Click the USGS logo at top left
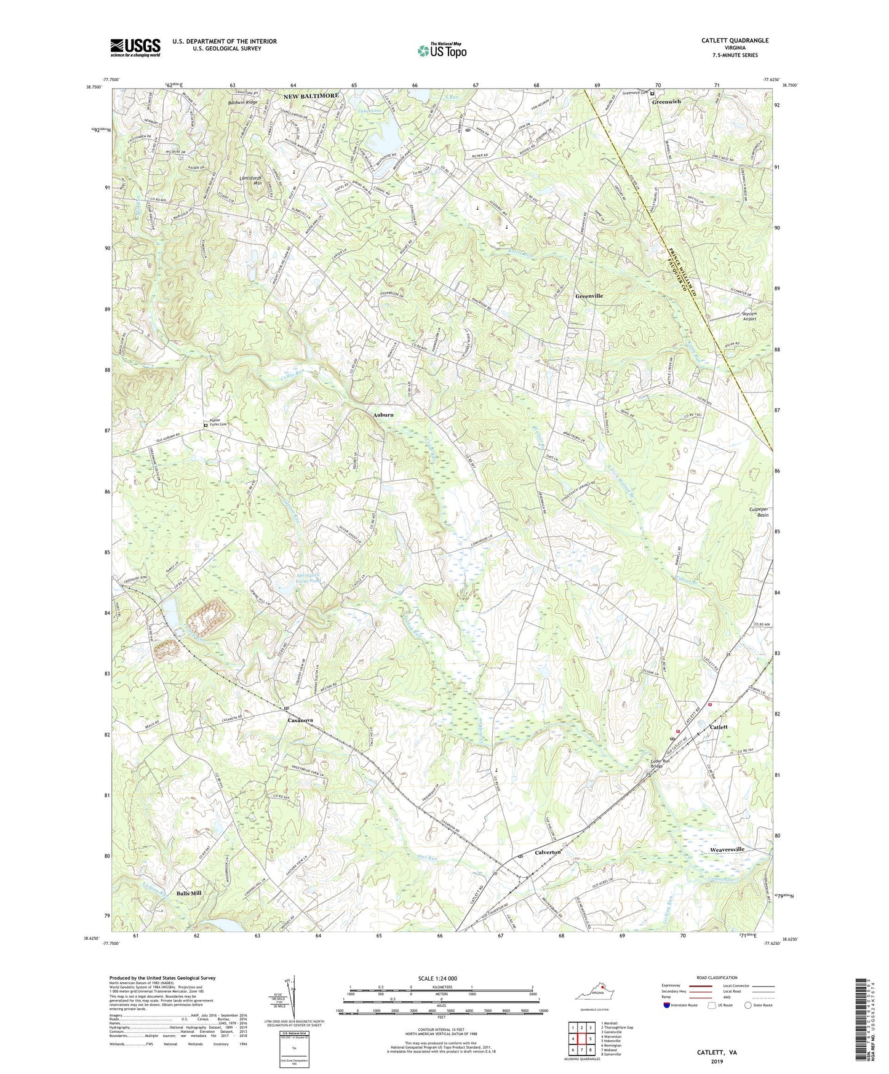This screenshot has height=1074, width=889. pyautogui.click(x=135, y=47)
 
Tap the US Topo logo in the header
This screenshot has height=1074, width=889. pyautogui.click(x=441, y=50)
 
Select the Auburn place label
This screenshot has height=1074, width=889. pyautogui.click(x=383, y=415)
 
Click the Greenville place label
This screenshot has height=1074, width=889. pyautogui.click(x=589, y=296)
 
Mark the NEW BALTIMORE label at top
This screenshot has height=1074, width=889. pyautogui.click(x=311, y=96)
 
